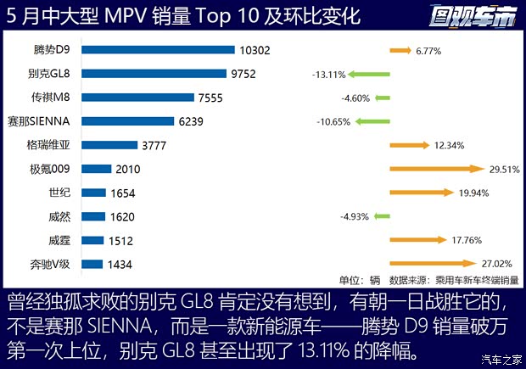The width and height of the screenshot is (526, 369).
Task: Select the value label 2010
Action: click(x=128, y=170)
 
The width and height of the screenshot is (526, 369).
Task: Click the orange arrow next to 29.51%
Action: click(x=436, y=170)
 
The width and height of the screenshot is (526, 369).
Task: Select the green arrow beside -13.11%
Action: click(x=369, y=74)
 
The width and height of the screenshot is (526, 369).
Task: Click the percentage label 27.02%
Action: click(x=498, y=265)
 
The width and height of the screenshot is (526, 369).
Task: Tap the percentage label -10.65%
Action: click(x=333, y=121)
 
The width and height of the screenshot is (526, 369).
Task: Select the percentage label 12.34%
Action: click(x=450, y=145)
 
